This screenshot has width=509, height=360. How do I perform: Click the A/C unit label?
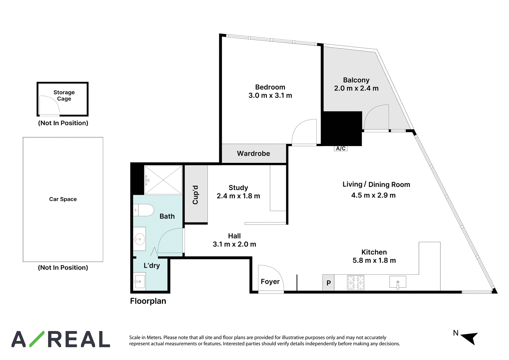(x=341, y=149)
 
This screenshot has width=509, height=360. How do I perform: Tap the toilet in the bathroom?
(x=143, y=210)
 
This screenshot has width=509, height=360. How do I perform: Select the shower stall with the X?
(x=163, y=180)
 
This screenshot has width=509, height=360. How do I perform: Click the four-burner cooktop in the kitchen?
(x=356, y=283)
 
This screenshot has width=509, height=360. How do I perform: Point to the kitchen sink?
(x=398, y=282)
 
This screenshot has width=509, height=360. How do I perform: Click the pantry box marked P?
(x=328, y=283)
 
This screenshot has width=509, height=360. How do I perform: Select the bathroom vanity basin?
(x=139, y=239)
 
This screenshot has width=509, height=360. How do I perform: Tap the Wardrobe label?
(x=254, y=153)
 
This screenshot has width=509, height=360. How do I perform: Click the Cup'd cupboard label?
(x=195, y=195)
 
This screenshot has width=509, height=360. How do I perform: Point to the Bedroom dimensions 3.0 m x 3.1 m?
(x=270, y=95)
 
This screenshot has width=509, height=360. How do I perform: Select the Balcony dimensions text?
(x=356, y=88)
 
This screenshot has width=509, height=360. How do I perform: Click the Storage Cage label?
(x=64, y=95)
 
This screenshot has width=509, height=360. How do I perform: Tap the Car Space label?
(x=63, y=199)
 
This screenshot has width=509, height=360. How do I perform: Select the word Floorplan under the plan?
(x=148, y=301)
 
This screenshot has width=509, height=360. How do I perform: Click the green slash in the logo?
(x=37, y=339)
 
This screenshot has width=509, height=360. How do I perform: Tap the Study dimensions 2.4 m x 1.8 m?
(x=238, y=196)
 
